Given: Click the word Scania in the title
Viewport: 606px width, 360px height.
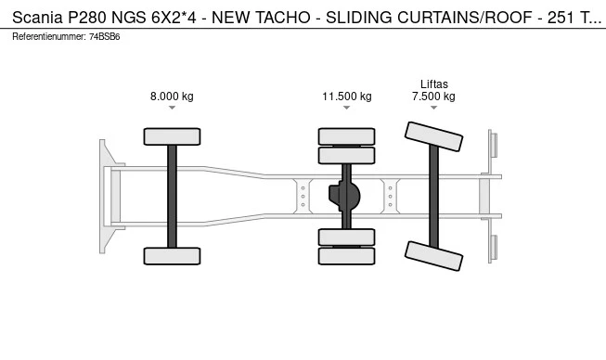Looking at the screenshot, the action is point(37,18).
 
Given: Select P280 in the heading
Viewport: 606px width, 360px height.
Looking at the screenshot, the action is point(87,18).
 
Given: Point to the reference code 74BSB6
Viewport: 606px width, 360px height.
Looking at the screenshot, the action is point(104,37).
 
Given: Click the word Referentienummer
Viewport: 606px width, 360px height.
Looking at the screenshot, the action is point(49,37).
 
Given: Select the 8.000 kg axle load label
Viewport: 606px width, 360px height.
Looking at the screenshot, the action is point(172,96).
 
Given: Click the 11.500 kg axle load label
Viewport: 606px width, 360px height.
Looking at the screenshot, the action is point(347,96).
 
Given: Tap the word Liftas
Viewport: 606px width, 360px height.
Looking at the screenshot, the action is point(434,84).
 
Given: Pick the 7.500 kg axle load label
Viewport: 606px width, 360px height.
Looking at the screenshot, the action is point(433,96).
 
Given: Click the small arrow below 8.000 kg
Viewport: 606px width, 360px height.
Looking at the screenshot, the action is point(172,108).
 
